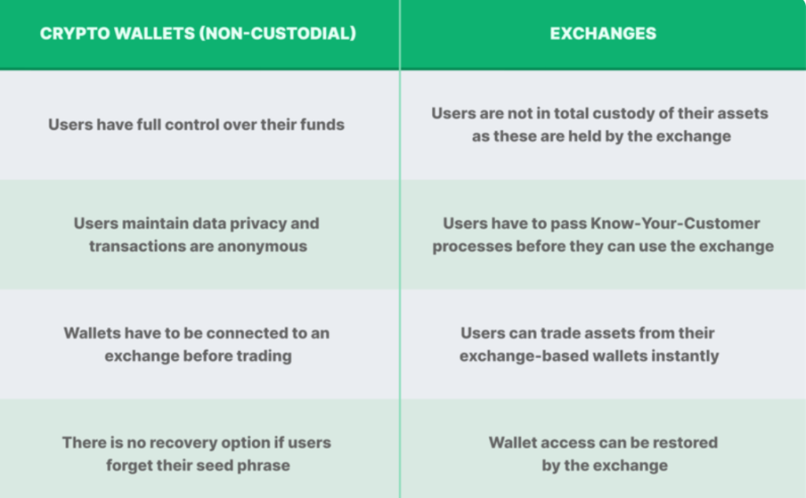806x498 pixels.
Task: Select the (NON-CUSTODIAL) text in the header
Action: point(278,33)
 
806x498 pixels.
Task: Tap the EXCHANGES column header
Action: point(603,33)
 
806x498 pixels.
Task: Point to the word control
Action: point(192,124)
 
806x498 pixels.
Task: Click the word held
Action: point(583,136)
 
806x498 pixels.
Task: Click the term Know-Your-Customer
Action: point(675,223)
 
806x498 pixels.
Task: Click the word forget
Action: point(123,466)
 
